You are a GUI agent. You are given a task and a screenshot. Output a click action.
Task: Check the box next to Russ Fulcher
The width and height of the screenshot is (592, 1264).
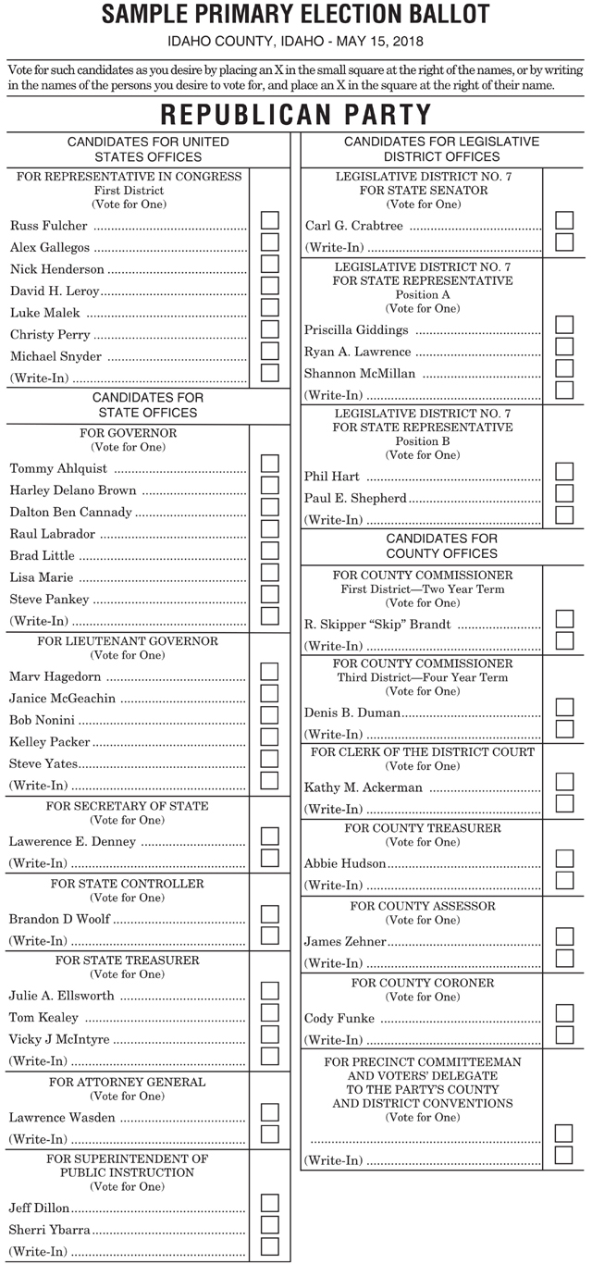coord(270,220)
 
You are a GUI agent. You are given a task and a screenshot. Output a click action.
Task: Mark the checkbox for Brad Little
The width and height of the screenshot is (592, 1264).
coord(270,551)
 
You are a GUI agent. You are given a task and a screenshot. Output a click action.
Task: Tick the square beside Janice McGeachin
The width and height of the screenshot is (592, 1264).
coord(270,693)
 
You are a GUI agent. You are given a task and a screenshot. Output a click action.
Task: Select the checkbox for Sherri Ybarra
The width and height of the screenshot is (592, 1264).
coord(270,1224)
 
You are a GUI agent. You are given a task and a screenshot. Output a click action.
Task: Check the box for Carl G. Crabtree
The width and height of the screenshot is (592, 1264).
coord(564,220)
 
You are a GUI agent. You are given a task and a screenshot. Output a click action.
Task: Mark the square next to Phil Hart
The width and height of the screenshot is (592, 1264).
coord(564,471)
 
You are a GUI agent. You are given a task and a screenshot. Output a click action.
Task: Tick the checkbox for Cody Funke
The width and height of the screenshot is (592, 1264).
coord(564,1013)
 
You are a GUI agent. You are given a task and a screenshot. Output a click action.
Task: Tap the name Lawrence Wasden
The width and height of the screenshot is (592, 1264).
coord(62,1118)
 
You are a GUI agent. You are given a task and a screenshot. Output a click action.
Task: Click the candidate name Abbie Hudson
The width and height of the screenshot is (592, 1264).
coord(345,863)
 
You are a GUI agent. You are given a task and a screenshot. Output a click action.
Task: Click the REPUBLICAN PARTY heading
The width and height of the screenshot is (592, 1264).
coord(296,115)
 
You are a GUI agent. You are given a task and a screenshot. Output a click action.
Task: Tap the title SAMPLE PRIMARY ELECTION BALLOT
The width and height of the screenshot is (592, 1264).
coord(296,15)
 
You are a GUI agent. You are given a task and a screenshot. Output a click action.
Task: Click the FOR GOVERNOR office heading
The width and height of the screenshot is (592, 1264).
coord(129,433)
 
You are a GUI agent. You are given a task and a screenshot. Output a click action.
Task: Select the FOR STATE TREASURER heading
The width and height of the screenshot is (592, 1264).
coord(128,960)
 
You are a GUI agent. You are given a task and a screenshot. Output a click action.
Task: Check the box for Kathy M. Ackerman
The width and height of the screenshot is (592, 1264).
coord(564,782)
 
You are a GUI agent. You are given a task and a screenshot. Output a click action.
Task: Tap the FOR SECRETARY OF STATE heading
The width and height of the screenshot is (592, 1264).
coord(128,806)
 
